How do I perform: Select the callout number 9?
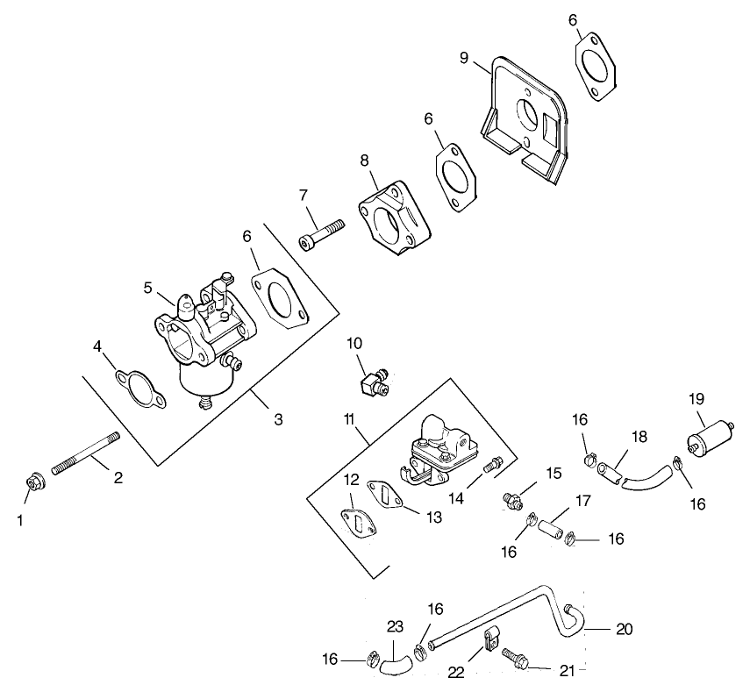point(464,59)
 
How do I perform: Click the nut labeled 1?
point(33,482)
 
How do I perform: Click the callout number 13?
point(433,517)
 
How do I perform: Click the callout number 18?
point(638,437)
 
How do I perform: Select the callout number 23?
point(396,626)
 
